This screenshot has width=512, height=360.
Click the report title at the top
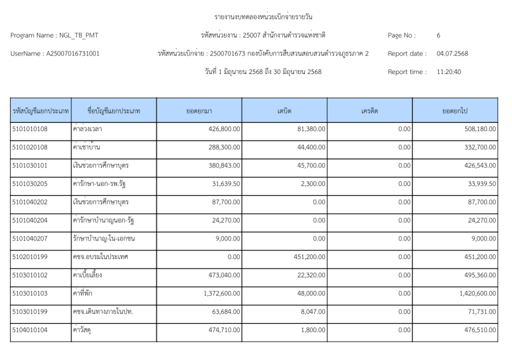point(263,17)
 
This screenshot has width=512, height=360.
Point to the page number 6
point(438,35)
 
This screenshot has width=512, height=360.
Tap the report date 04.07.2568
point(452,53)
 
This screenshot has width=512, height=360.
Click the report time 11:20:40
point(449,71)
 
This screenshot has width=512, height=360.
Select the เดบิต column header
point(284,110)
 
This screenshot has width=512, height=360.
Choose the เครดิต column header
point(369,110)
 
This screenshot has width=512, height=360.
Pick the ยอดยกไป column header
point(454,110)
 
